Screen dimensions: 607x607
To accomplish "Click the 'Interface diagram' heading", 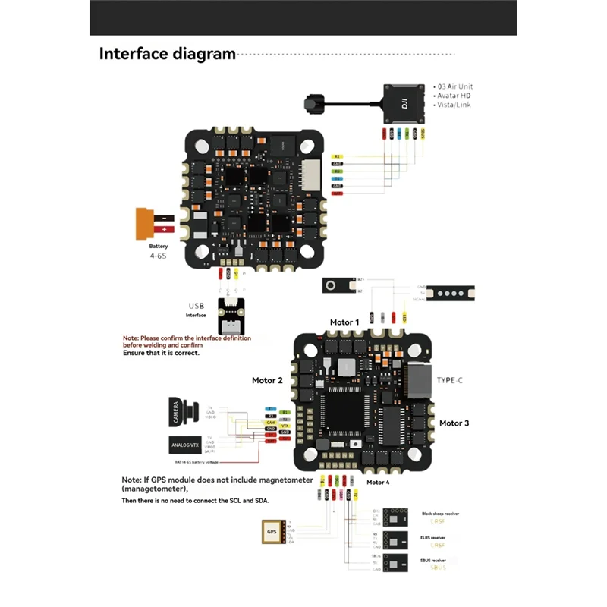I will (x=168, y=54).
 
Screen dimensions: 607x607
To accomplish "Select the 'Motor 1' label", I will (x=344, y=322).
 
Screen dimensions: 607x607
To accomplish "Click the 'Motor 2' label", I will (x=267, y=380).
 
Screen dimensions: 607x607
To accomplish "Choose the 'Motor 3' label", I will (x=454, y=423).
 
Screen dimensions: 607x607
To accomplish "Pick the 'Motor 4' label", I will (x=378, y=482).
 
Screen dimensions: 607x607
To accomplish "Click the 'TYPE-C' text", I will (x=449, y=379).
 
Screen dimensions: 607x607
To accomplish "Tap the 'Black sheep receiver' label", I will (x=440, y=514).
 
